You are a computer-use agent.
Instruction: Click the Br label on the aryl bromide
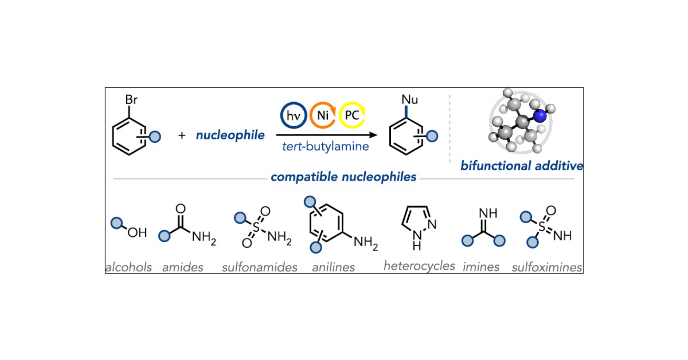131,100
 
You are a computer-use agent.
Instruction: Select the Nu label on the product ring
409,99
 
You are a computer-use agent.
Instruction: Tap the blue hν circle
293,115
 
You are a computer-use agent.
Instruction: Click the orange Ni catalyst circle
322,115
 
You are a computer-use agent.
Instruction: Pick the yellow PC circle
352,115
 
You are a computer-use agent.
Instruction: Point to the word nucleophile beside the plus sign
230,135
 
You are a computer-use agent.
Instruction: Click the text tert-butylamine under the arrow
325,147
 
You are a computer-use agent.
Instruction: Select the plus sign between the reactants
182,135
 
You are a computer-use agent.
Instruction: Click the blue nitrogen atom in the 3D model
540,116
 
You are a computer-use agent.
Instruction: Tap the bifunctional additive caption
522,166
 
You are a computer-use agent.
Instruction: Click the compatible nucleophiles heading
343,177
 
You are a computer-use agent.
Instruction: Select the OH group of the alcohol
137,233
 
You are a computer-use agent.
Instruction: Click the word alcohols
129,267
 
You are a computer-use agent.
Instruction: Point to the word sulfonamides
259,267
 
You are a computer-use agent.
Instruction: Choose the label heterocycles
419,266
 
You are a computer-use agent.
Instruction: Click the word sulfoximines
547,267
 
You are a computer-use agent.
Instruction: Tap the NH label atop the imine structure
488,213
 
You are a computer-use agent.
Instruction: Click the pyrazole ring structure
417,222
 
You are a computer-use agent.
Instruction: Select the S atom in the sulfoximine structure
542,227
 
